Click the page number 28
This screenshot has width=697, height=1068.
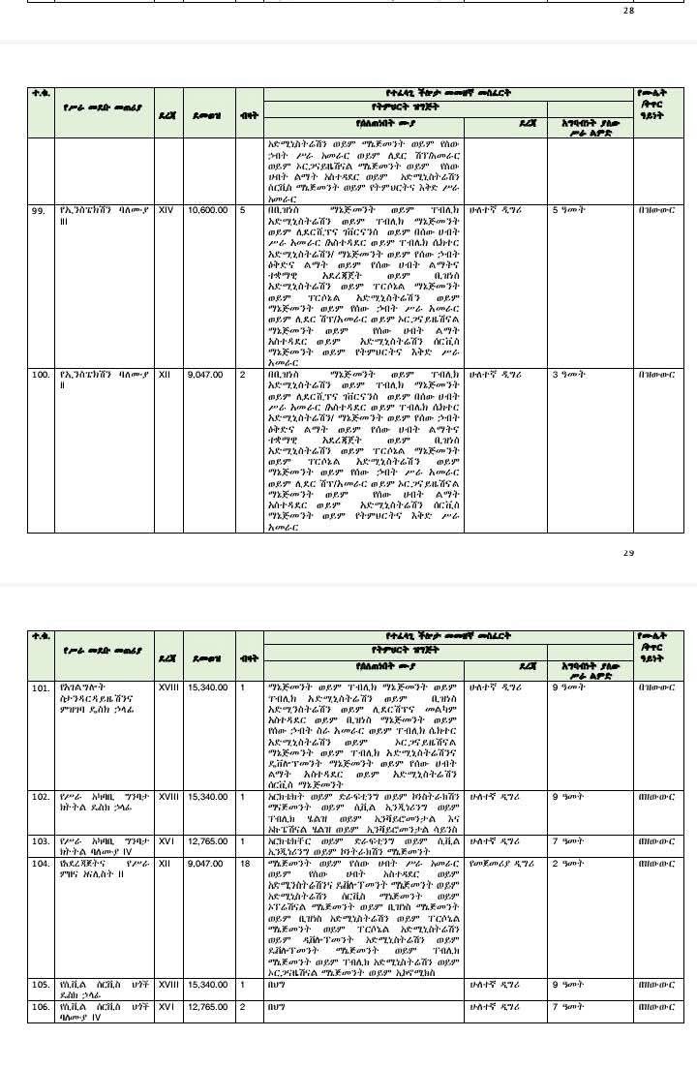click(x=629, y=12)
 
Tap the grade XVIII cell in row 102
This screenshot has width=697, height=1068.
click(x=168, y=797)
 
